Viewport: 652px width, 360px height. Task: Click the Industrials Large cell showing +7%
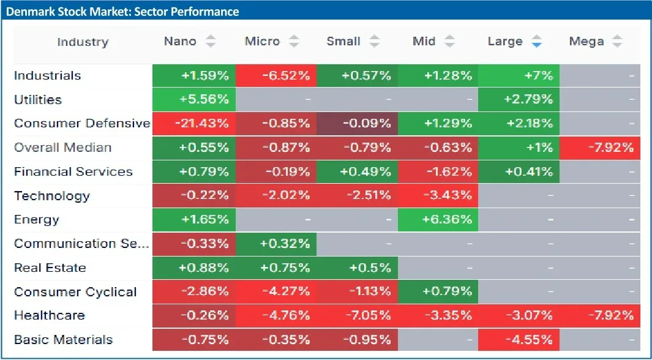pos(519,76)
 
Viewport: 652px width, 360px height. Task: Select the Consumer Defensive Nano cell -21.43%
pos(193,124)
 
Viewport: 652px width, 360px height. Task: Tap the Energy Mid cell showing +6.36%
pos(438,220)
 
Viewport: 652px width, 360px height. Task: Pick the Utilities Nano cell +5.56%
pos(193,100)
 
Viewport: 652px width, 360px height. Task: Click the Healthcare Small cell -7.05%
pos(357,316)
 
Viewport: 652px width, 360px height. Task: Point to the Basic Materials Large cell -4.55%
pos(519,340)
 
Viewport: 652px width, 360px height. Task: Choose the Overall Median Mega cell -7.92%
pos(601,148)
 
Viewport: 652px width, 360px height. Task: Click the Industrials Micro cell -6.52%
pos(275,76)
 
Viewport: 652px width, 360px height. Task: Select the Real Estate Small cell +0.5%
pos(357,268)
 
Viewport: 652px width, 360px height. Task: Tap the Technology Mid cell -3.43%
pos(438,196)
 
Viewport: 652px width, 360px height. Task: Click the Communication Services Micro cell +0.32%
pos(275,244)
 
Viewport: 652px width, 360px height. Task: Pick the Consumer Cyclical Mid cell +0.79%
pos(438,291)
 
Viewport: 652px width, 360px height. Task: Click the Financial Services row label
pos(73,171)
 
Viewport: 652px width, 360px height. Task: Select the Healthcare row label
pos(50,316)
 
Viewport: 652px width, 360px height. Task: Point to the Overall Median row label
pos(63,148)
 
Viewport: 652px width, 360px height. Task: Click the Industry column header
pos(83,42)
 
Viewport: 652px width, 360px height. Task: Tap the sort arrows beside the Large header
pos(537,42)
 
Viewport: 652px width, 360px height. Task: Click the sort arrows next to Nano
pos(211,42)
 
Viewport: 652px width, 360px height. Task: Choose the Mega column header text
pos(586,42)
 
